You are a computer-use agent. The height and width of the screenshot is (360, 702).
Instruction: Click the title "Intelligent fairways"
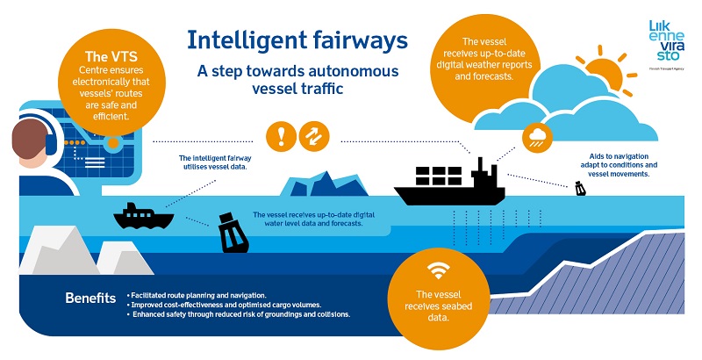coord(297,40)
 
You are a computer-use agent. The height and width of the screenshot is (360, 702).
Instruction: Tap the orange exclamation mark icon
coord(281,136)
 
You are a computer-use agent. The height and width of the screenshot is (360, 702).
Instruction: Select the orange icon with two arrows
coord(314,136)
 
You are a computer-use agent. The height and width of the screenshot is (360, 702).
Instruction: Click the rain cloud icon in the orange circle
coord(537,138)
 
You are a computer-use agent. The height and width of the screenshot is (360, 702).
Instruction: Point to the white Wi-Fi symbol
coord(438,271)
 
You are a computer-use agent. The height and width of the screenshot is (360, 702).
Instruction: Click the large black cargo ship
coord(449,182)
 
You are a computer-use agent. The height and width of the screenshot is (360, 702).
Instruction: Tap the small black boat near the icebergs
coord(143,216)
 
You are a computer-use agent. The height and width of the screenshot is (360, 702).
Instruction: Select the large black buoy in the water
coord(233,233)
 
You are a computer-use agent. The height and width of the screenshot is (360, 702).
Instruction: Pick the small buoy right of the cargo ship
coord(580,189)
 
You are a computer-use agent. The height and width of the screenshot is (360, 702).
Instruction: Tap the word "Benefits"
coord(90,298)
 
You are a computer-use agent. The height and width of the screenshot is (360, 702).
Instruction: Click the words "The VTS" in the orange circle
coord(111,56)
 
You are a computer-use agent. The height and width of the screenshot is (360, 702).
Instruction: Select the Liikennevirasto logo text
coord(667,40)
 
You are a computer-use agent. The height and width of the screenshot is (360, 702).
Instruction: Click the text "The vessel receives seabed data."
coord(438,306)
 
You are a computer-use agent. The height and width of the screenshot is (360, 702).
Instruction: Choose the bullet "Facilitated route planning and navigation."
coord(197,295)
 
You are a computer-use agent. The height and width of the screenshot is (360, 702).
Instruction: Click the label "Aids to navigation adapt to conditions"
coord(619,161)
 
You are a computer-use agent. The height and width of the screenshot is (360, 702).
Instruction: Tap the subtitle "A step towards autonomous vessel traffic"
coord(297,79)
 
